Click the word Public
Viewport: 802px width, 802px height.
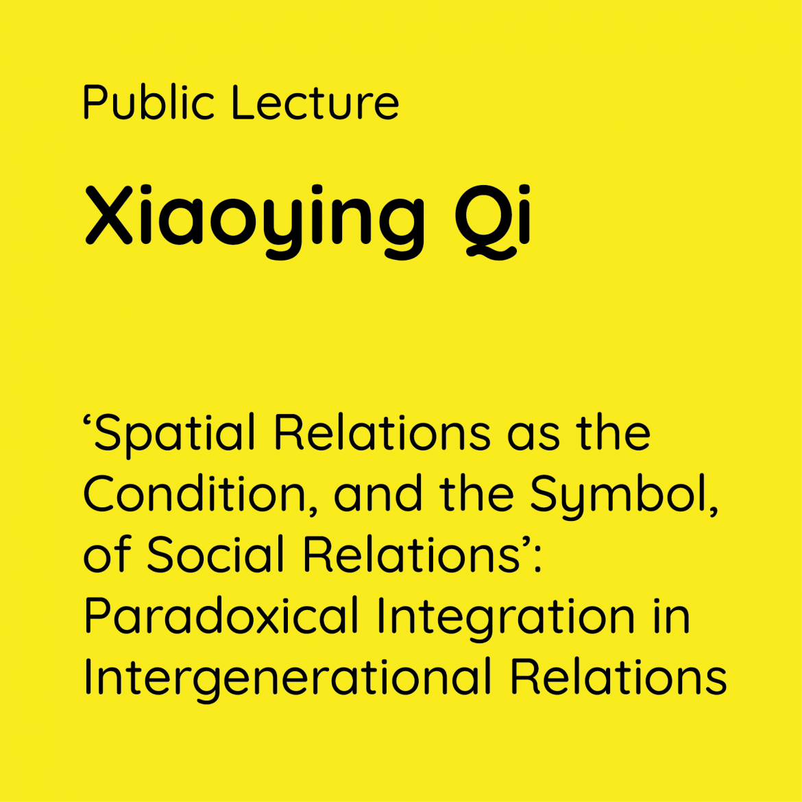click(x=148, y=102)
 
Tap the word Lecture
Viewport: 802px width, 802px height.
click(x=315, y=102)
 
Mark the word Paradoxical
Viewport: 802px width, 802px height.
click(x=221, y=616)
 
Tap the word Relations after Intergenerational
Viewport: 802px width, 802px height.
click(x=618, y=676)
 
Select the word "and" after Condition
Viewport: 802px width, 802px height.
click(x=378, y=493)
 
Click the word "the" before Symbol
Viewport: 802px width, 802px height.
click(x=476, y=493)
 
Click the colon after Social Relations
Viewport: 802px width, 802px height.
click(x=537, y=559)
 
